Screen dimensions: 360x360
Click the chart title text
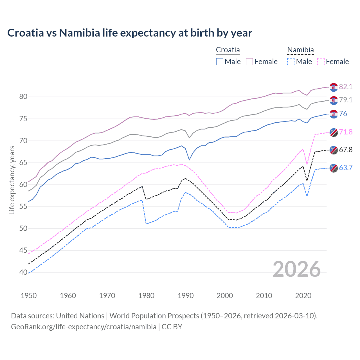coord(130,33)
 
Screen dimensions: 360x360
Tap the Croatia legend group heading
coord(228,50)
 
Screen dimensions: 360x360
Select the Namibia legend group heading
coord(300,50)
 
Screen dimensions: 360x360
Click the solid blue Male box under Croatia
coord(220,62)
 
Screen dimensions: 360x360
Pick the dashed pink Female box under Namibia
coord(321,62)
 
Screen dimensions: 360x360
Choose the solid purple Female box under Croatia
coord(249,62)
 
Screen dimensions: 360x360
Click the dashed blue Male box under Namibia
coord(291,62)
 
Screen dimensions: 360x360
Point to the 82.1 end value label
coord(346,87)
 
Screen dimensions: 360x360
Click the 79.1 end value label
coord(346,100)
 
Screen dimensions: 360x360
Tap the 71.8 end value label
coord(346,132)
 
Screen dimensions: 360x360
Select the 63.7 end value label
coord(346,168)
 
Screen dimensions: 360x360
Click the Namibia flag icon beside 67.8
coord(334,150)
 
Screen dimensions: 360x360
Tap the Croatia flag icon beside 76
coord(334,114)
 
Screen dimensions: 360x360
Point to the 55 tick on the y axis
coord(23,207)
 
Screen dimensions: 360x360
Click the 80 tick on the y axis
coord(23,97)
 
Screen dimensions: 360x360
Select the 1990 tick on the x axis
coord(186,296)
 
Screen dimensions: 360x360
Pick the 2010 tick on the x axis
coord(264,296)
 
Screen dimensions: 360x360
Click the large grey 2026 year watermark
coord(296,269)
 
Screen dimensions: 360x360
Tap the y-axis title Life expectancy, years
coord(12,180)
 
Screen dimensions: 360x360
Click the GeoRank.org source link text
coord(84,327)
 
